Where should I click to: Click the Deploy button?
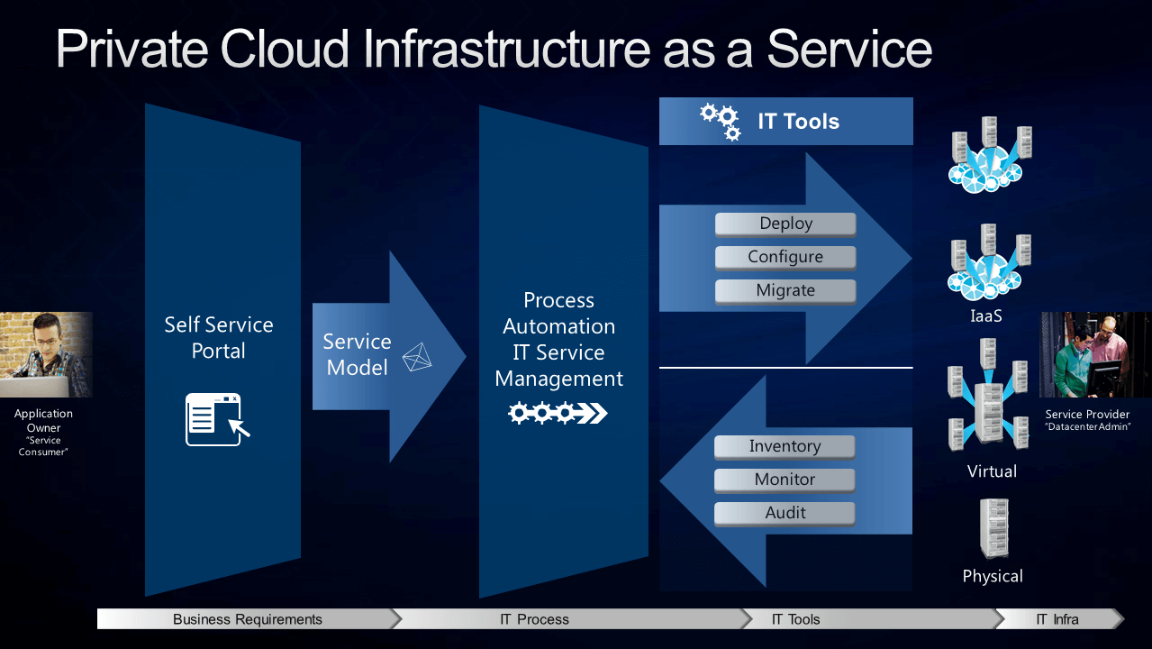tap(785, 224)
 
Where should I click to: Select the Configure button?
tap(785, 257)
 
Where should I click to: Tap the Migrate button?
tap(785, 291)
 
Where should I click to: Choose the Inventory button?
tap(785, 447)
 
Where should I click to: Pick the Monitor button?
tap(785, 480)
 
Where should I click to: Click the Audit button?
tap(785, 514)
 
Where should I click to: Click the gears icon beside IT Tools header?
tap(720, 122)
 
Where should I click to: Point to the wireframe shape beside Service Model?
tap(417, 357)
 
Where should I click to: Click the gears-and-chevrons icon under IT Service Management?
tap(558, 413)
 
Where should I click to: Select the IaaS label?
tap(986, 315)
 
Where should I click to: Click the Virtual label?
tap(992, 471)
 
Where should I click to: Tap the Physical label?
tap(993, 576)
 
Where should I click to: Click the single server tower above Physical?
tap(994, 528)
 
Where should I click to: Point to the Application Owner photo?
tap(46, 354)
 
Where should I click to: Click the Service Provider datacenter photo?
tap(1095, 354)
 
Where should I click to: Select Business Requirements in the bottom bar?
tap(248, 619)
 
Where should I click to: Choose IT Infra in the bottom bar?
tap(1057, 619)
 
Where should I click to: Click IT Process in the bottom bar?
tap(534, 619)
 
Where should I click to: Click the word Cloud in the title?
tap(285, 49)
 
